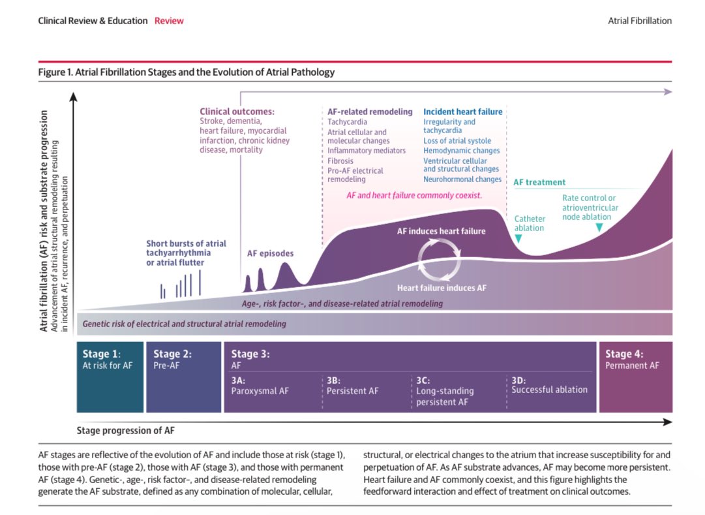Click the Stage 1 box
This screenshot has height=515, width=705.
(x=110, y=377)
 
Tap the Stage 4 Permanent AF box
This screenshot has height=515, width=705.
(x=635, y=377)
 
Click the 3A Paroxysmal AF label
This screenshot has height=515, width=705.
(x=260, y=386)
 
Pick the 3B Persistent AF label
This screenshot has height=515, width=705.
(x=352, y=386)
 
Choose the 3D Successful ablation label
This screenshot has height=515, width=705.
(x=549, y=385)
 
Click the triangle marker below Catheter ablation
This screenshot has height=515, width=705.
(x=518, y=239)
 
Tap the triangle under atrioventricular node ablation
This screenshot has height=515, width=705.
(x=599, y=228)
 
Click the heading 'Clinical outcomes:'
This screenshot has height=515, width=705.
(x=237, y=112)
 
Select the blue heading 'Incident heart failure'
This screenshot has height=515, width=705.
(x=462, y=112)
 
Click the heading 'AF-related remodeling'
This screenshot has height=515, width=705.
(x=370, y=112)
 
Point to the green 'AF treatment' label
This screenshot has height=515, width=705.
(x=539, y=182)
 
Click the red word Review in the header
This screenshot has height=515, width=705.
(x=169, y=21)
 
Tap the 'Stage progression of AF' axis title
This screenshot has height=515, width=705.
(x=125, y=431)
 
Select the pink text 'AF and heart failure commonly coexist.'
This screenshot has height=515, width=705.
(x=414, y=195)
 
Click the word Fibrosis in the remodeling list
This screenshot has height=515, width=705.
(x=340, y=161)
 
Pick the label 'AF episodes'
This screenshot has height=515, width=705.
(x=270, y=253)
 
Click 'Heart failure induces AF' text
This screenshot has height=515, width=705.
(x=442, y=287)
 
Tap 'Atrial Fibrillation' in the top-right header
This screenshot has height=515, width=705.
(x=639, y=21)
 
